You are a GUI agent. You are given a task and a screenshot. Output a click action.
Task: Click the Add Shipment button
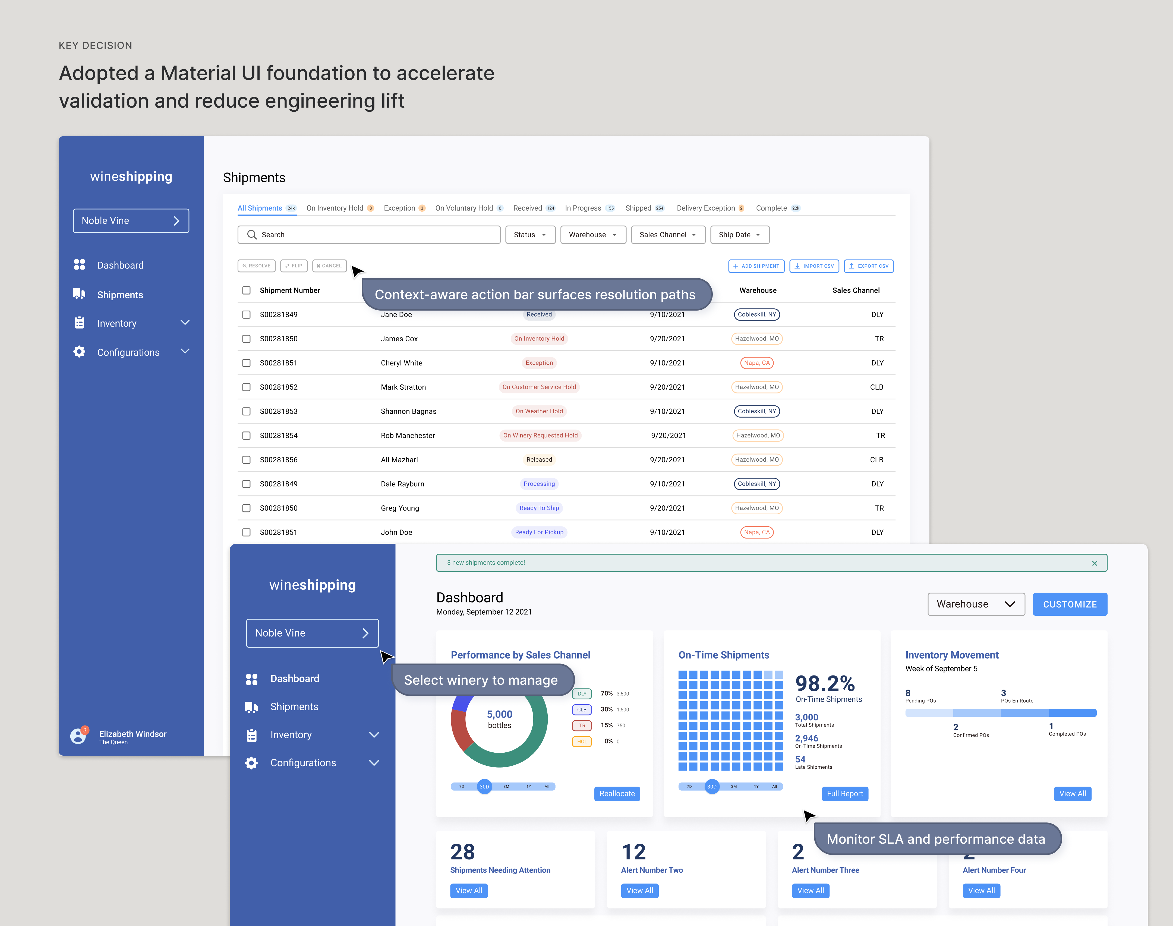coord(756,266)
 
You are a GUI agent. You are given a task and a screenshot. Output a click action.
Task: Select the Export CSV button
coord(869,266)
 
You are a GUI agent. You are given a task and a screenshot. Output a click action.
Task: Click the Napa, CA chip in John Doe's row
coord(756,532)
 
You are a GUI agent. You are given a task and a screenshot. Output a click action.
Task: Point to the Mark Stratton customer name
coord(403,387)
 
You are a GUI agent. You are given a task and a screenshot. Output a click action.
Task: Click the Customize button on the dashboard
coord(1070,605)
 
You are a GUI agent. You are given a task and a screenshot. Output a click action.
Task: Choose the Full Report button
coord(845,794)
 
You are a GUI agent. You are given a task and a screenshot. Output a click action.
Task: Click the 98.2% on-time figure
coord(825,684)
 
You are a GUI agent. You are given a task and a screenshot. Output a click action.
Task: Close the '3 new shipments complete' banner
coord(1095,563)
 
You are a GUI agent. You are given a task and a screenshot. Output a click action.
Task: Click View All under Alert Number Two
coord(639,891)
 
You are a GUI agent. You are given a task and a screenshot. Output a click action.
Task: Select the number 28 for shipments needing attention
coord(462,852)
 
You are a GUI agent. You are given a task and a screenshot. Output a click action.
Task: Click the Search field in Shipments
coord(368,235)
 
